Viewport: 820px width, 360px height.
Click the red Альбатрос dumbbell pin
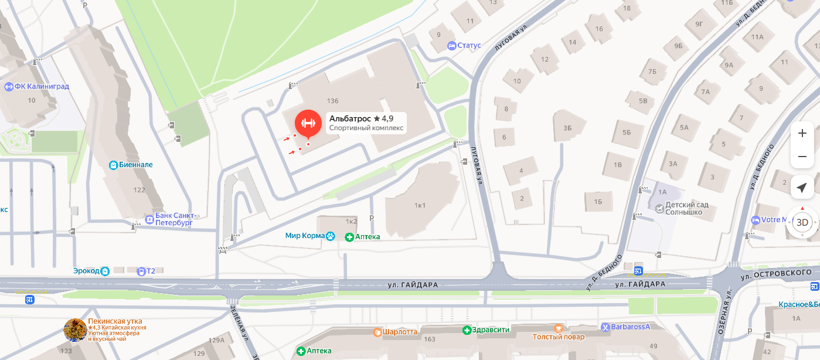pos(308,123)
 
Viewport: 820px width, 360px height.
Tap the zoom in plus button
pos(802,134)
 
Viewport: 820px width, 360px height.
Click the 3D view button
pos(802,223)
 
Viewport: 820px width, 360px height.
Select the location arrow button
pos(802,188)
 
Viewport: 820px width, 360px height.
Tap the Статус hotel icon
pos(451,46)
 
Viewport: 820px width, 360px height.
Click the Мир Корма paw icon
pos(331,236)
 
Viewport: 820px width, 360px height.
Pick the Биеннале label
pos(135,165)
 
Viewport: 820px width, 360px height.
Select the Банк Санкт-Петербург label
pos(174,219)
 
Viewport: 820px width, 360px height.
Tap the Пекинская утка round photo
pos(75,330)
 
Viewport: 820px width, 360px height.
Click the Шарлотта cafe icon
pos(377,332)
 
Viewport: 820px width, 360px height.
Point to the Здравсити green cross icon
pos(467,330)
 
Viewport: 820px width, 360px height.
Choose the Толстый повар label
pos(558,337)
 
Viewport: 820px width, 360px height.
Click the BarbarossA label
pos(632,327)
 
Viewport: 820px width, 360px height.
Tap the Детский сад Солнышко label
pos(683,208)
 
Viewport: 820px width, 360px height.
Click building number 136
pos(334,101)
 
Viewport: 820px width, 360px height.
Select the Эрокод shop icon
pos(105,271)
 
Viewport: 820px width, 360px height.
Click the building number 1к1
pos(420,205)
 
